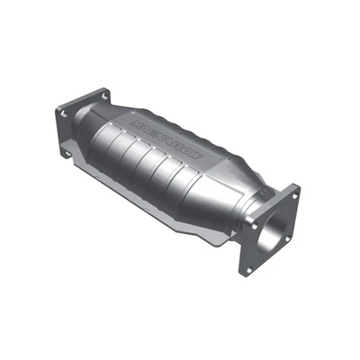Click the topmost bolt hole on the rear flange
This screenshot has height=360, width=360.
[x=105, y=94]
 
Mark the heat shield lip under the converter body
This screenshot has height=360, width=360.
[x=180, y=225]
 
